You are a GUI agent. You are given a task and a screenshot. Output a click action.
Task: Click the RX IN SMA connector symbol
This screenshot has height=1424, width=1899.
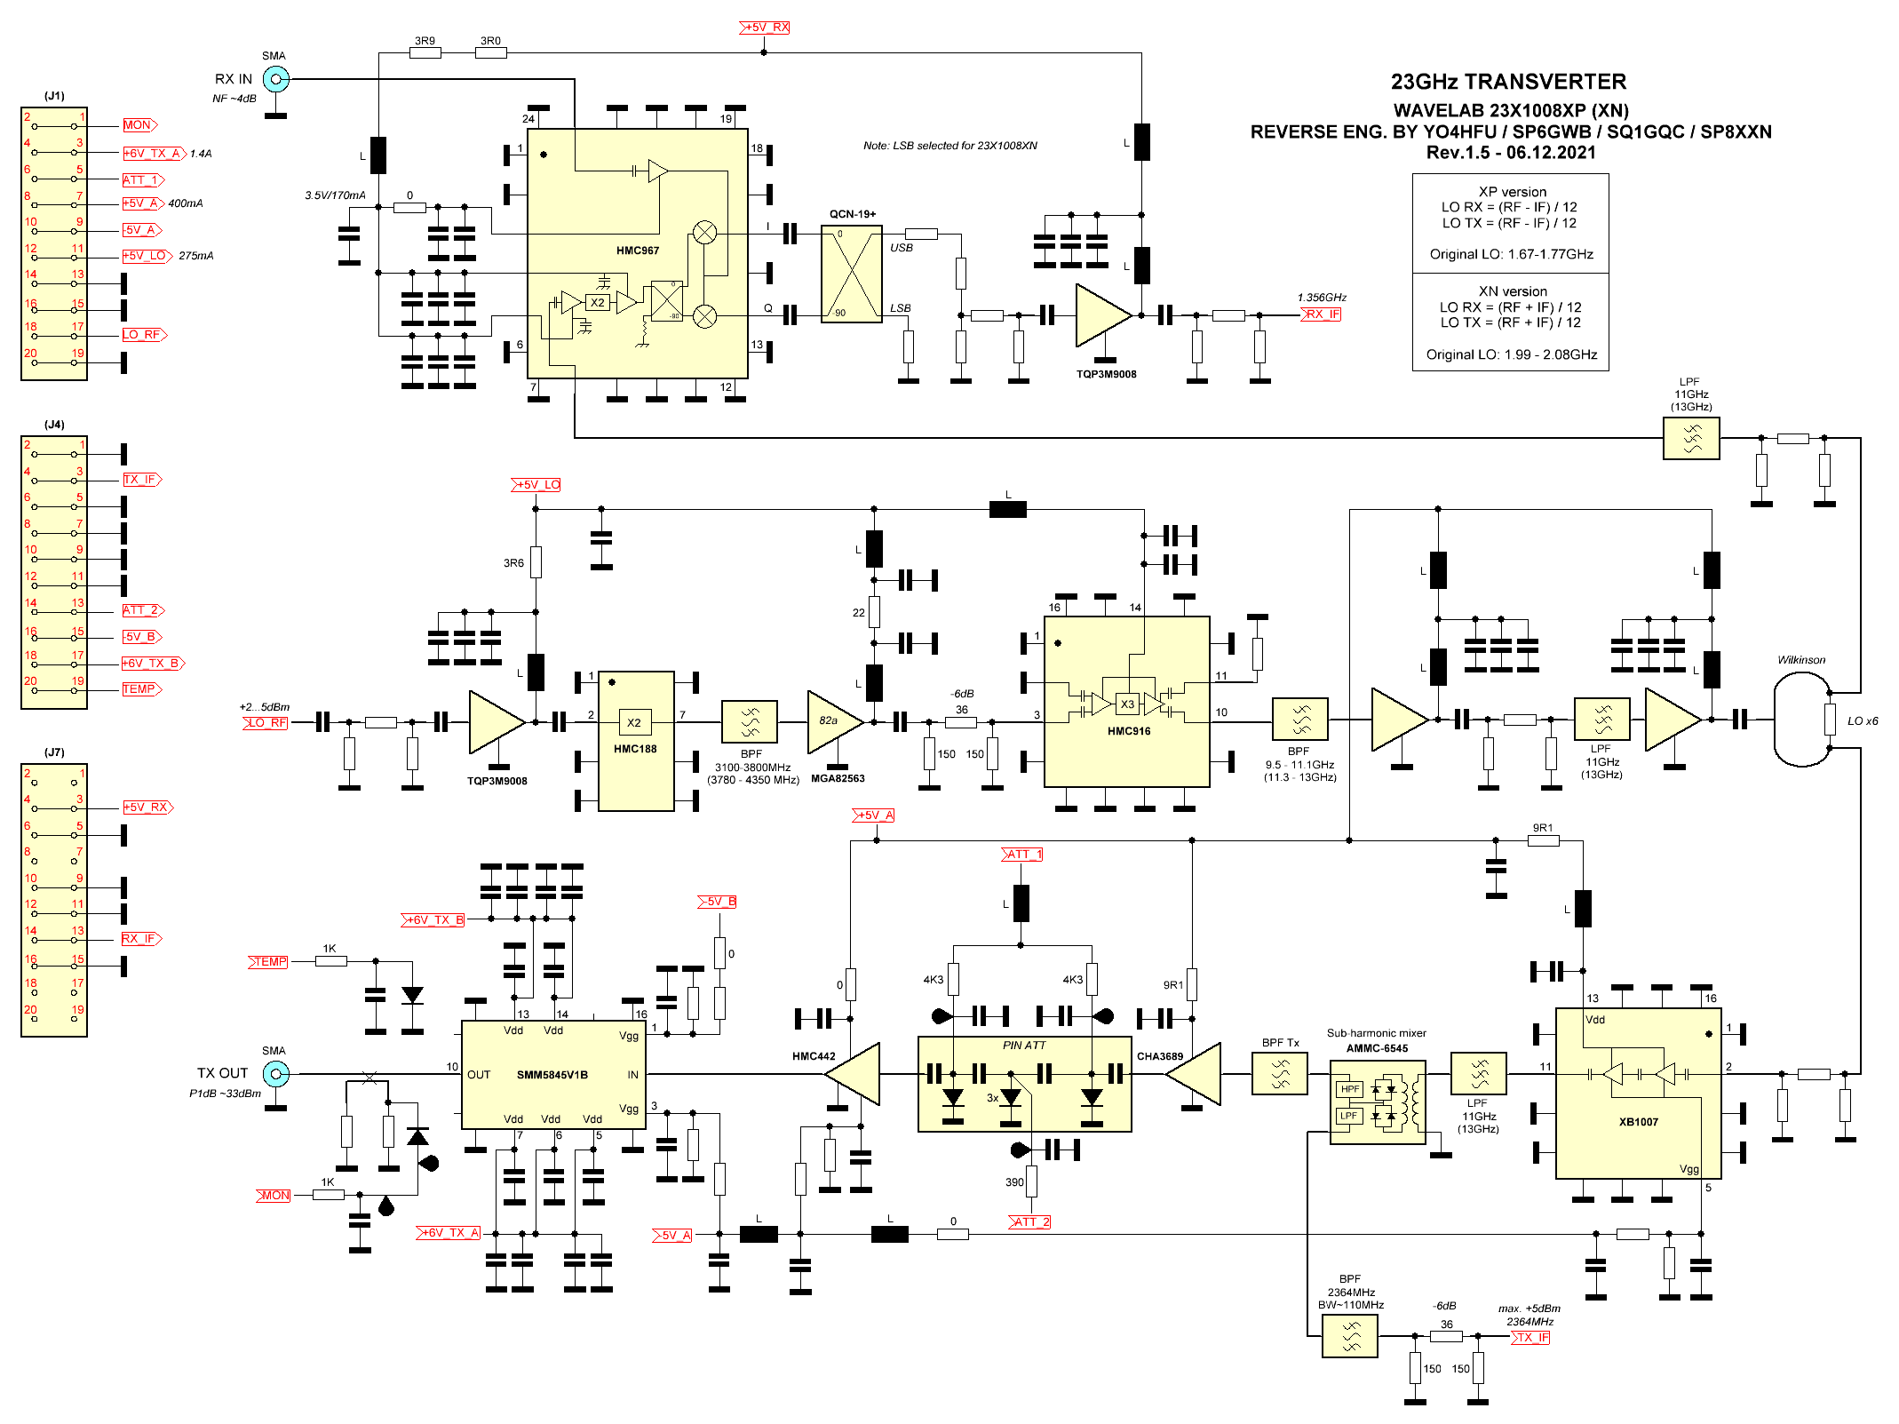coord(276,79)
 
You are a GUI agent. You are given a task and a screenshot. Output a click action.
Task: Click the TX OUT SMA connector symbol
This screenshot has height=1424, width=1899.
coord(276,1074)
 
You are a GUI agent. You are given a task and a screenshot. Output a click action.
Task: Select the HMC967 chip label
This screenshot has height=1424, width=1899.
coord(638,251)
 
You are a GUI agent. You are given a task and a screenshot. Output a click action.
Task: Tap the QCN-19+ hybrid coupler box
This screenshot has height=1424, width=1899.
coord(851,274)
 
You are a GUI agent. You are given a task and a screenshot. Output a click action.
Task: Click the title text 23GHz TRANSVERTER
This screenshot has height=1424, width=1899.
coord(1508,82)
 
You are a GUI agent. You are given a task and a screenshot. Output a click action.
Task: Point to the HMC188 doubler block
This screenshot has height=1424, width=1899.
coord(636,741)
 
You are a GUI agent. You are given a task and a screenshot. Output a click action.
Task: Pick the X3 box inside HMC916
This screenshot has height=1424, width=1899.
coord(1127,704)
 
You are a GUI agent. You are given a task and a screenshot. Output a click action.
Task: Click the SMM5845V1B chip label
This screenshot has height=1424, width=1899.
coord(552,1075)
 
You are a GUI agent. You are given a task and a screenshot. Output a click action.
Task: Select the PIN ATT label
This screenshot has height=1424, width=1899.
coord(1024,1046)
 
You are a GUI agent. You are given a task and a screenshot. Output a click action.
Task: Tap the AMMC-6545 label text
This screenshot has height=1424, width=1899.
coord(1377,1048)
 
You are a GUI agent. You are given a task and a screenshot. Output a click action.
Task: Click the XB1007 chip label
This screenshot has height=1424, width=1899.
coord(1638,1122)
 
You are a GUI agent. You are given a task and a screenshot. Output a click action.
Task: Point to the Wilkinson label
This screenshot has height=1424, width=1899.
coord(1800,660)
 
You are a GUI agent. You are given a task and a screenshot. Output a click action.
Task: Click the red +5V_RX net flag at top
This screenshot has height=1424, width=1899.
coord(765,28)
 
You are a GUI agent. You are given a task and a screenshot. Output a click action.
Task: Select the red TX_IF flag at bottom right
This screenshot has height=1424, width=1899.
coord(1531,1337)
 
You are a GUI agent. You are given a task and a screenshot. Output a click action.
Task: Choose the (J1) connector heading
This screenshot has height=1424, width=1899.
coord(54,96)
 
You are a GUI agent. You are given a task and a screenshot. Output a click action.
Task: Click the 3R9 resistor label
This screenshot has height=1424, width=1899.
coord(425,41)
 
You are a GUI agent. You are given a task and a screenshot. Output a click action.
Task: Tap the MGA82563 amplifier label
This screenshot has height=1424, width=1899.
coord(838,779)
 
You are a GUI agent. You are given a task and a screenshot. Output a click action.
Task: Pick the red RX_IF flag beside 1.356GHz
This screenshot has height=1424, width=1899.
coord(1322,314)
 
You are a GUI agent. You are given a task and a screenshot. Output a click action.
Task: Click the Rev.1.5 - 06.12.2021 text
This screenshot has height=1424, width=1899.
coord(1510,153)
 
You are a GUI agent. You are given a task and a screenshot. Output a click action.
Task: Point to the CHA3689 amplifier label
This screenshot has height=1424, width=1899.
coord(1159,1056)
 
